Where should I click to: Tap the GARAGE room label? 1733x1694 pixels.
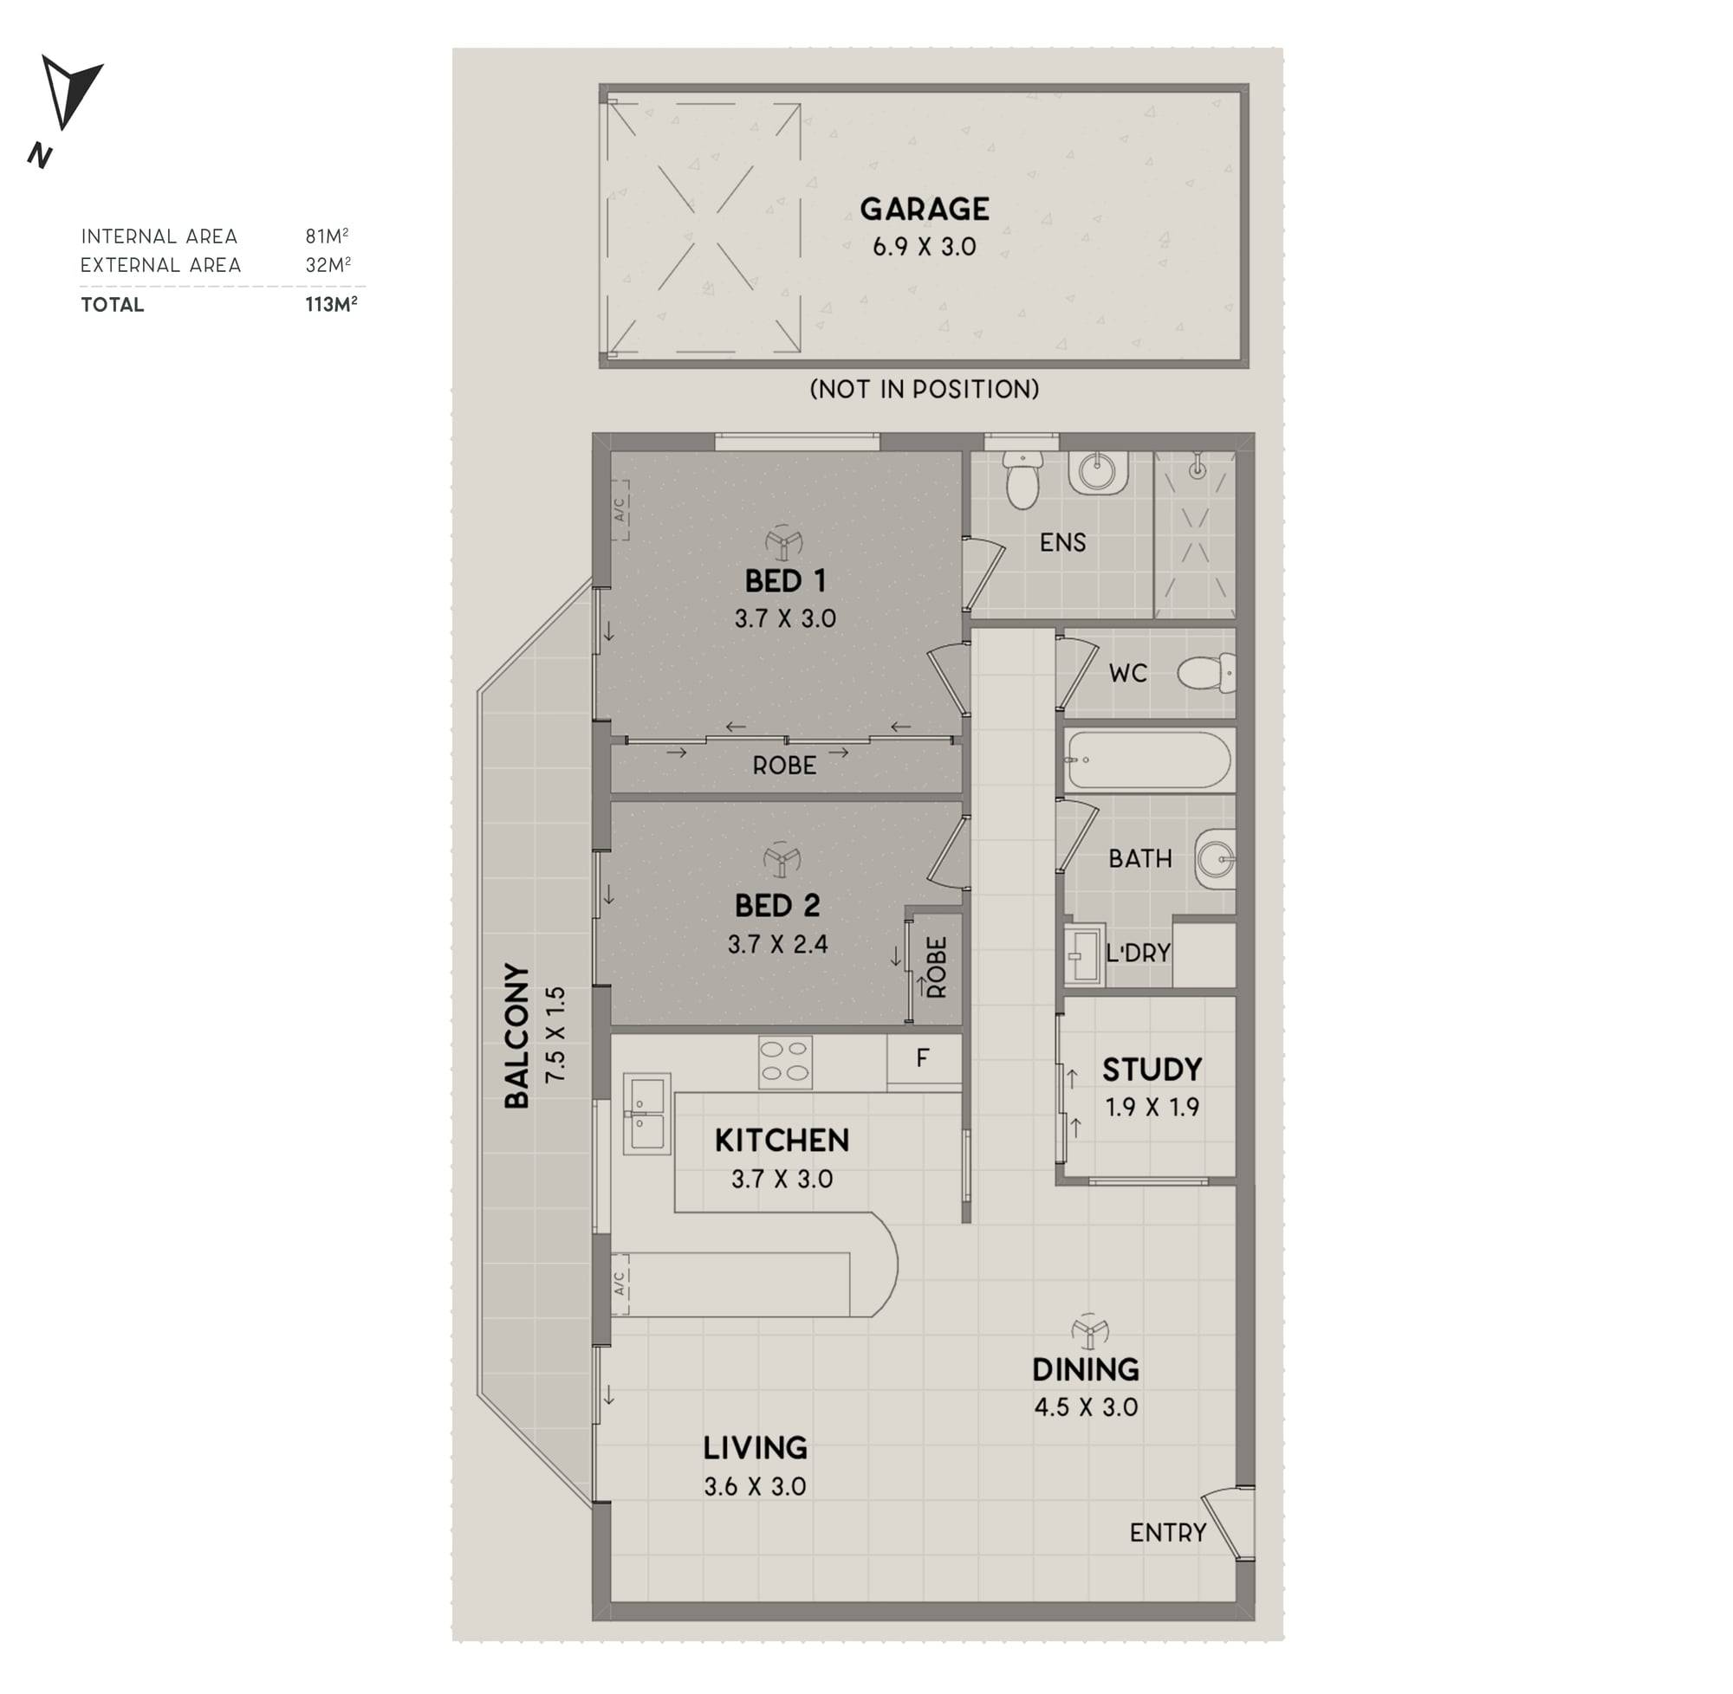pos(924,209)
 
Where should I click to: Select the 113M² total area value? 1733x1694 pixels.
pos(331,303)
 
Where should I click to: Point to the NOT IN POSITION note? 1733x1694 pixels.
pos(924,389)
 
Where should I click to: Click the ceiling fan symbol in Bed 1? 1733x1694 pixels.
pos(783,542)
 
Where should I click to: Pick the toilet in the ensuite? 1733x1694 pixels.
pos(1022,481)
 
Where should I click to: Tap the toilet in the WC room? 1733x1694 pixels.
pos(1206,673)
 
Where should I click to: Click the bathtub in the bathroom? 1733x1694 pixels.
pos(1148,760)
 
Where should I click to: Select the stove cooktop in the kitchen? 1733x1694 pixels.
pos(785,1062)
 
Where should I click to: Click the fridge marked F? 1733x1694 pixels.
pos(924,1058)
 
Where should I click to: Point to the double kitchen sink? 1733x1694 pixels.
pos(646,1114)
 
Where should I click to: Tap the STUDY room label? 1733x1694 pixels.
pos(1152,1069)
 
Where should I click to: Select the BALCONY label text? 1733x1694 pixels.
pos(517,1036)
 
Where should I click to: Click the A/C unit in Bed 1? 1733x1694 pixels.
pos(620,510)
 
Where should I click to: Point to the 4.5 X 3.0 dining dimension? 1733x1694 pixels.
pos(1086,1406)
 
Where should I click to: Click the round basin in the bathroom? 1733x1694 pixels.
pos(1215,859)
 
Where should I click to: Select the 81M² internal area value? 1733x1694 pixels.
pos(327,236)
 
